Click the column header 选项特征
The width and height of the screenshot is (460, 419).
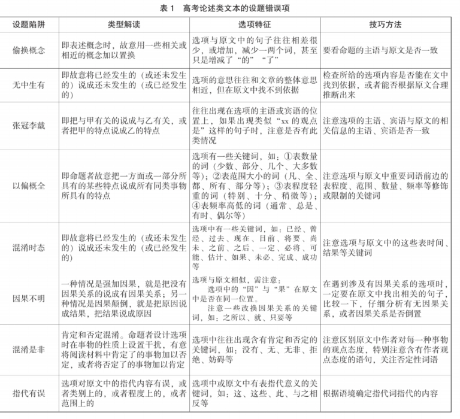point(254,26)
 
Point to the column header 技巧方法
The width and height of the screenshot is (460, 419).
point(386,26)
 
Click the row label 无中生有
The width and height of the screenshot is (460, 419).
point(28,85)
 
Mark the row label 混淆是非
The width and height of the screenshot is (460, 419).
point(28,349)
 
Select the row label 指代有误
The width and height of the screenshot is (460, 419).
point(28,393)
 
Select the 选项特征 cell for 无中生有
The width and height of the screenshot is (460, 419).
point(255,85)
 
